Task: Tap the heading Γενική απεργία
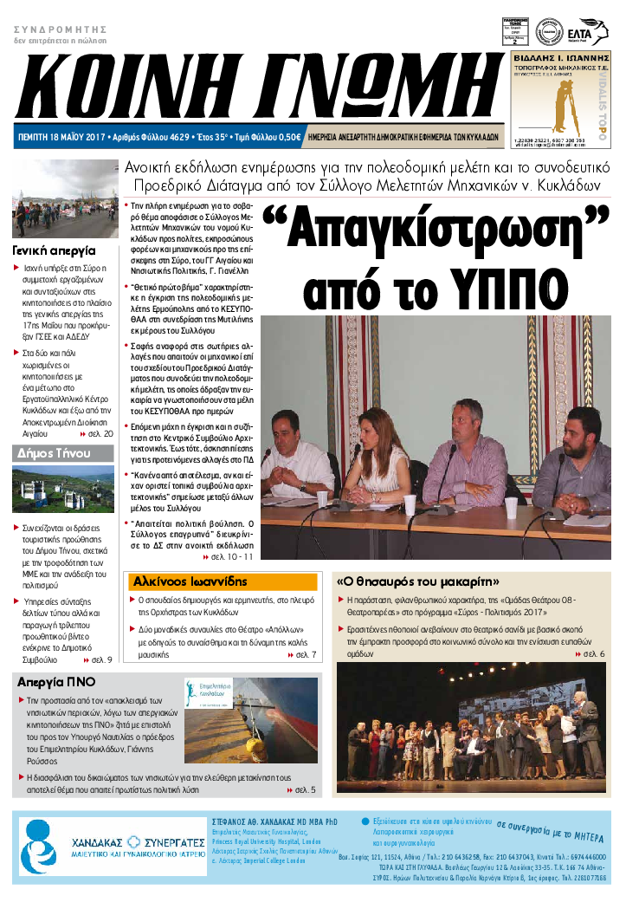[x=54, y=250]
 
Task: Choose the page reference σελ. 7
[x=307, y=655]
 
